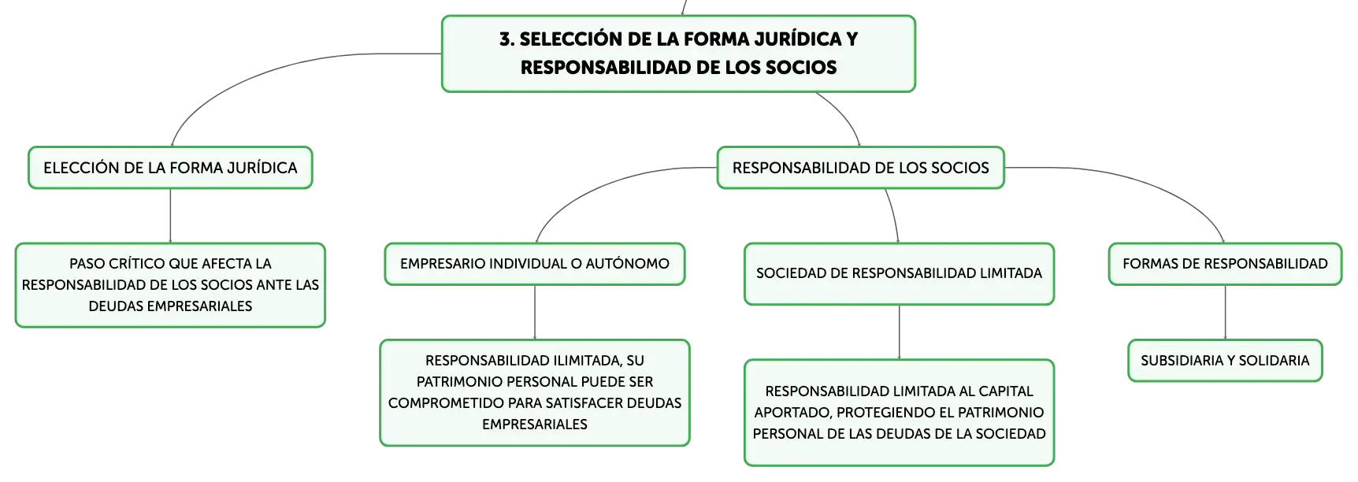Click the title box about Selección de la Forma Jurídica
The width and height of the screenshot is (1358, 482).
point(678,54)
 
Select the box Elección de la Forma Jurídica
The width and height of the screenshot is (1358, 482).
point(170,168)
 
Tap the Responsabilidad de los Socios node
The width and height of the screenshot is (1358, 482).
point(860,168)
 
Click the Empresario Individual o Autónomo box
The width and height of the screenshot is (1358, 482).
point(535,264)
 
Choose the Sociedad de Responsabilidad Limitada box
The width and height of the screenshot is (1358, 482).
point(899,273)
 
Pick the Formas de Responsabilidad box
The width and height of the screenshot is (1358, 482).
point(1225,264)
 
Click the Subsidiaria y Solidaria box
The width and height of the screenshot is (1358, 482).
point(1225,361)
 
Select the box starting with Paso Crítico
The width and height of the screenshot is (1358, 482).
point(170,285)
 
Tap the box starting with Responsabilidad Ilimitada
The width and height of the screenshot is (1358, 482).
point(535,393)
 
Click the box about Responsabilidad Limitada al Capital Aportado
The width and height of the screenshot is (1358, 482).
point(899,413)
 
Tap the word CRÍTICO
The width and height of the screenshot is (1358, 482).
point(139,264)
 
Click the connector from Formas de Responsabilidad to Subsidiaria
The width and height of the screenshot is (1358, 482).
point(1225,313)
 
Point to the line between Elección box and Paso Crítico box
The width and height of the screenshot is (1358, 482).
point(170,216)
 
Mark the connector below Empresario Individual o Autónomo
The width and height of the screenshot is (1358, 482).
point(535,313)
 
